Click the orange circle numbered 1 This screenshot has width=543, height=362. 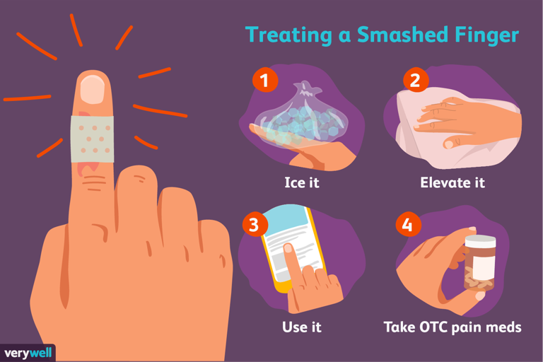tap(265, 80)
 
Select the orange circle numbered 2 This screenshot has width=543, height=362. tap(416, 80)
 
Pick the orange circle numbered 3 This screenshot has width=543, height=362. tap(255, 224)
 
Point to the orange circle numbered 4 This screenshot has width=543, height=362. tap(409, 224)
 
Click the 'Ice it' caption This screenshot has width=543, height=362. tap(302, 182)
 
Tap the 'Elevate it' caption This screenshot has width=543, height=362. tap(452, 182)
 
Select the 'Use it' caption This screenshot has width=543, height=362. tap(302, 327)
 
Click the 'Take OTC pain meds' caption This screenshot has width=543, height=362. tap(452, 327)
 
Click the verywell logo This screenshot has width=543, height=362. tap(28, 353)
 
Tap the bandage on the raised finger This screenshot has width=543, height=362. tap(93, 139)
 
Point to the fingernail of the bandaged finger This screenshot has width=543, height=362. tap(93, 89)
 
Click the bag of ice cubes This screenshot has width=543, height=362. tap(300, 119)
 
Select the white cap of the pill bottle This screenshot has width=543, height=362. tap(480, 241)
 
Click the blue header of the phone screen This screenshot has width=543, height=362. tap(286, 221)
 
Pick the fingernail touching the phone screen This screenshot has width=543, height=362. tap(288, 248)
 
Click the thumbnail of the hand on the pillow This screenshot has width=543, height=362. tap(448, 144)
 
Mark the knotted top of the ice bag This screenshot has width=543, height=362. tap(306, 88)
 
